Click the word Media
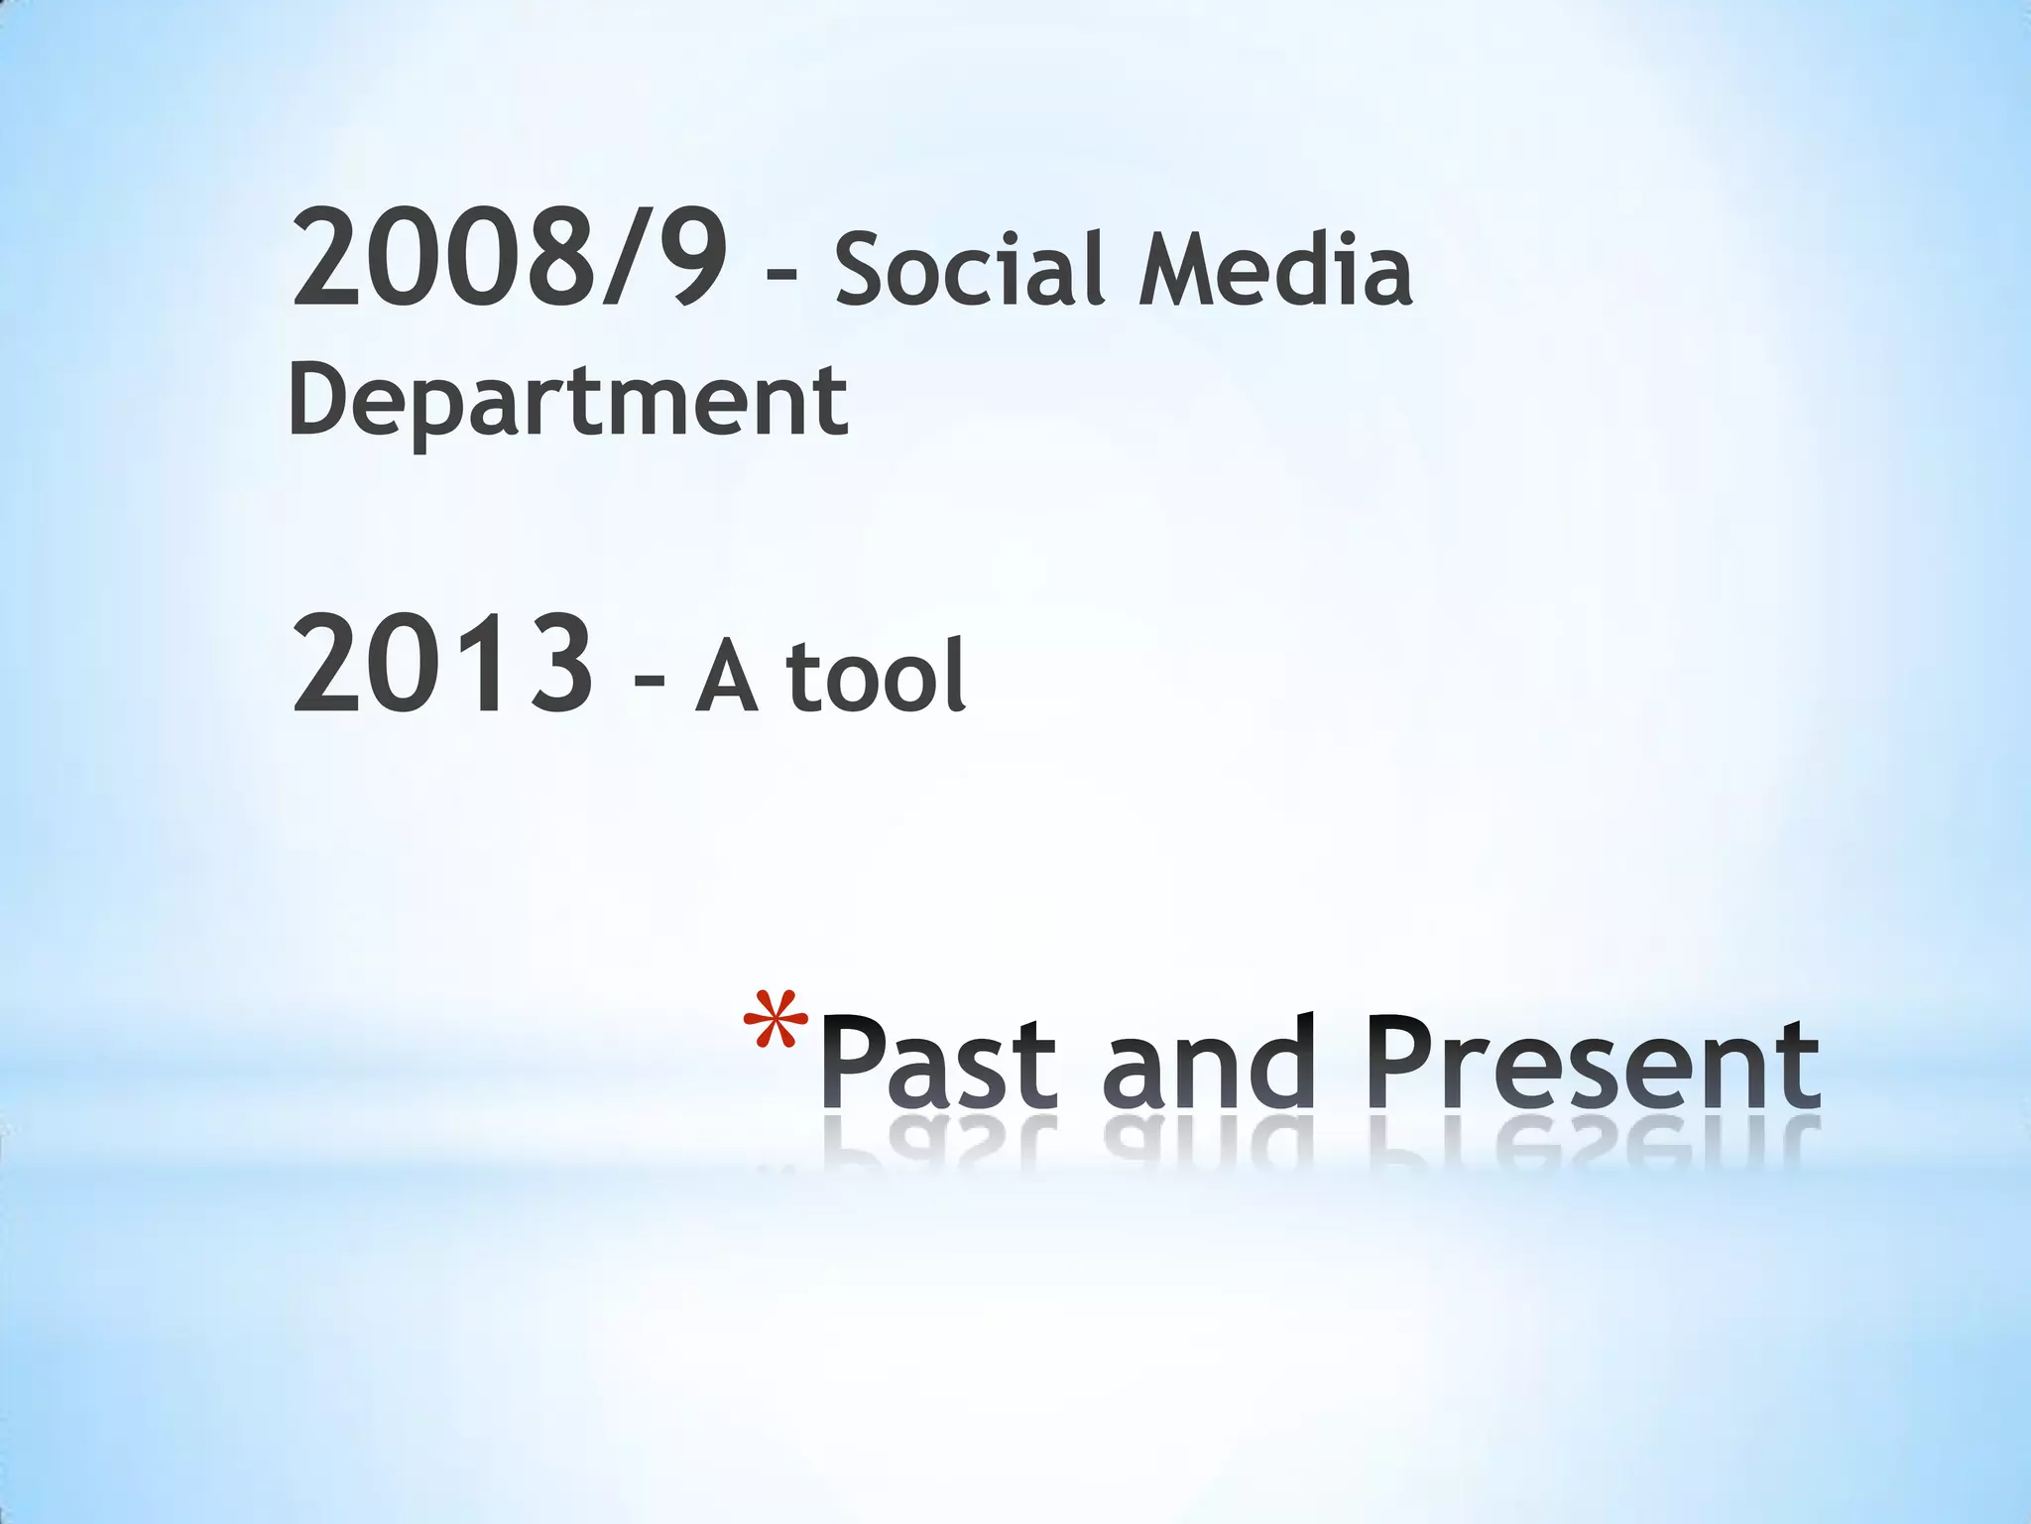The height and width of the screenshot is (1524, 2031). tap(1275, 268)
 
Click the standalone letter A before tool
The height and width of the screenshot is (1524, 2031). tap(727, 677)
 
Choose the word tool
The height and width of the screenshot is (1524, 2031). tap(876, 677)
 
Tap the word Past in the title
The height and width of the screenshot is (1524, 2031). tap(939, 1064)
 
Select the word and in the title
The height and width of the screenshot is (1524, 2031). tap(1208, 1064)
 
